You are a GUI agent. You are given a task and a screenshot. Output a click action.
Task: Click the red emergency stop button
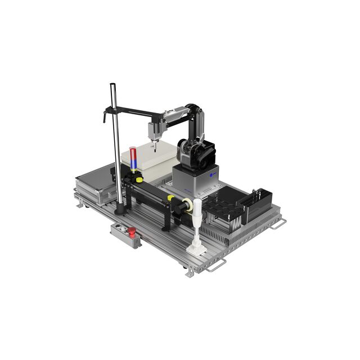click(130, 231)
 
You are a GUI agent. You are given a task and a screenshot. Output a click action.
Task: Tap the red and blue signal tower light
click(133, 158)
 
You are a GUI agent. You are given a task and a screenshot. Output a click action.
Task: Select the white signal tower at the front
click(196, 225)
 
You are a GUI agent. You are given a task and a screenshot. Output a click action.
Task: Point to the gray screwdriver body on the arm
click(153, 129)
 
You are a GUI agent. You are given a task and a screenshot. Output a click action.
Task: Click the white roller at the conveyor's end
click(186, 205)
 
